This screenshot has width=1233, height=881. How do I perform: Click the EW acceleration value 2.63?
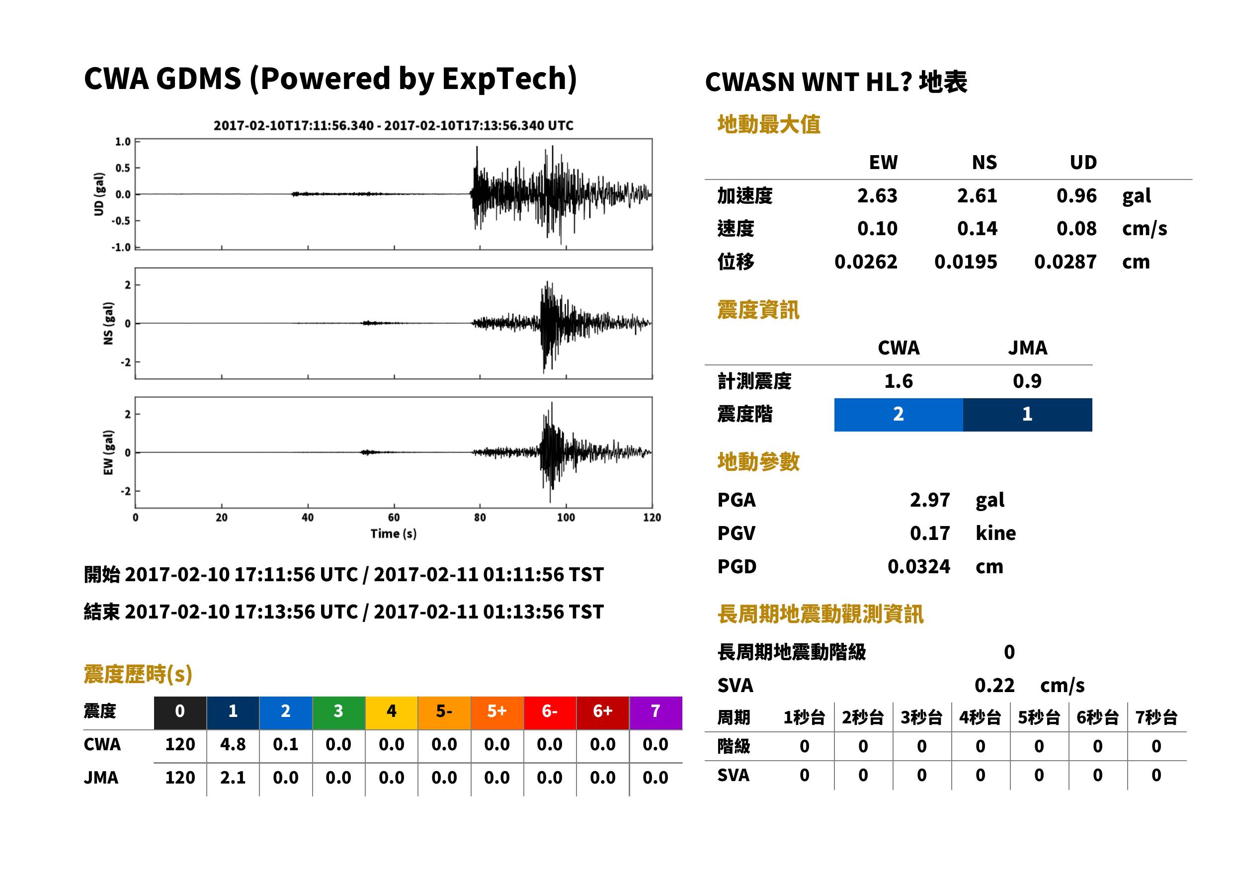click(877, 196)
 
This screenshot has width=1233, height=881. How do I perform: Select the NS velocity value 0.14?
click(977, 229)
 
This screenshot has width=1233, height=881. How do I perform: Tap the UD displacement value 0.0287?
click(1065, 262)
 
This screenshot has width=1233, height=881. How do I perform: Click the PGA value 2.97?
click(929, 500)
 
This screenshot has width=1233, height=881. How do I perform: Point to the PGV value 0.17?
click(929, 533)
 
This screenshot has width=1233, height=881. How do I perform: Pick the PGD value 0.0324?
click(918, 567)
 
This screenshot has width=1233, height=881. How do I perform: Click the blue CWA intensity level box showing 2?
click(899, 415)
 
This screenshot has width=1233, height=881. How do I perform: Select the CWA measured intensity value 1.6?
click(899, 381)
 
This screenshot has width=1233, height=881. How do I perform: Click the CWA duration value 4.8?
click(233, 744)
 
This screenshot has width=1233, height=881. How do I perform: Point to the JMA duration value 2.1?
click(233, 778)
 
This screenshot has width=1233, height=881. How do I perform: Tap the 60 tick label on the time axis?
click(394, 518)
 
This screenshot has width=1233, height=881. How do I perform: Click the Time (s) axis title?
click(394, 534)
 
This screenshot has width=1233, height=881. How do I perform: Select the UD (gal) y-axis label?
click(99, 194)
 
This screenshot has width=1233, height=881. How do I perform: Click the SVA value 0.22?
click(994, 686)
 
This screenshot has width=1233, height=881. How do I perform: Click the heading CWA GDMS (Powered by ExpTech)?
click(330, 79)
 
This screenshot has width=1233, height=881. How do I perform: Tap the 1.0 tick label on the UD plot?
click(123, 142)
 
